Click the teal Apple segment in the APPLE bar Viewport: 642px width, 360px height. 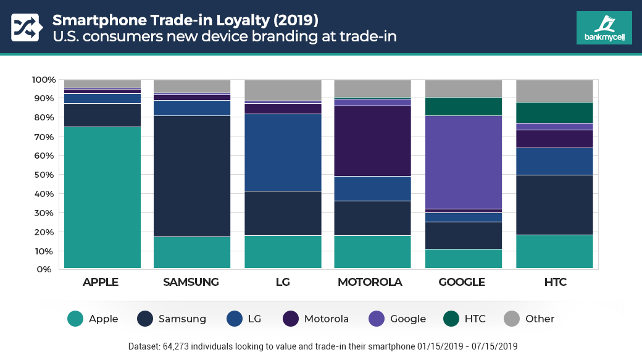point(102,197)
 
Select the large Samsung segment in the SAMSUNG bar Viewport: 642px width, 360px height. point(192,176)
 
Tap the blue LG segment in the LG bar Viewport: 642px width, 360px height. point(283,152)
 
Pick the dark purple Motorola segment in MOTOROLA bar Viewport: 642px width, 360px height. point(373,141)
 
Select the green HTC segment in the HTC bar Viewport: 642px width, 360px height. point(554,112)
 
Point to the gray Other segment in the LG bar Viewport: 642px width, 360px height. point(283,90)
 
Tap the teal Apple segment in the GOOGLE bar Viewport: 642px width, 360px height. point(464,258)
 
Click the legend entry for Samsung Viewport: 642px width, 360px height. point(171,319)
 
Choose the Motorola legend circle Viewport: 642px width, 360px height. point(291,319)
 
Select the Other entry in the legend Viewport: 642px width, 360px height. point(529,319)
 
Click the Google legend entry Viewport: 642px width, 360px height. point(398,319)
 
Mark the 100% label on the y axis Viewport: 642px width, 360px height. point(43,80)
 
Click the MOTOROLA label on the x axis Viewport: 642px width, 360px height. point(370,282)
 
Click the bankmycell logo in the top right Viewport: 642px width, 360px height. point(604,28)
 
